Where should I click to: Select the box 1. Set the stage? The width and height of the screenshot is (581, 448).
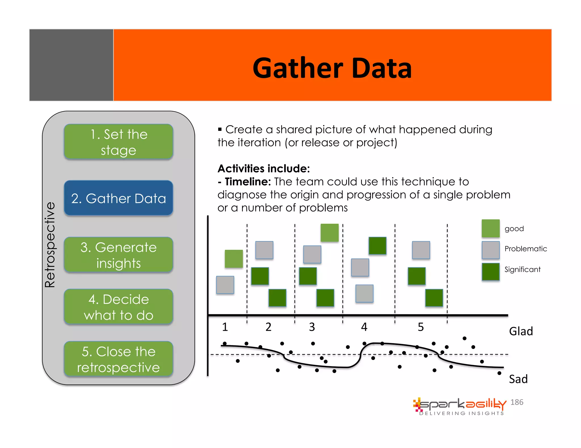coord(119,142)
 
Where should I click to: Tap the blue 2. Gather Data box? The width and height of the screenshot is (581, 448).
coord(119,198)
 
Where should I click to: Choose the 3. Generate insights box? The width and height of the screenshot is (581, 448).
coord(119,255)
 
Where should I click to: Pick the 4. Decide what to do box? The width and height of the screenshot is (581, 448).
coord(119,307)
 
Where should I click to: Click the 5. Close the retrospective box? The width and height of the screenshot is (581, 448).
coord(119,359)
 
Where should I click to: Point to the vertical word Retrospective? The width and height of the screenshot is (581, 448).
coord(50,245)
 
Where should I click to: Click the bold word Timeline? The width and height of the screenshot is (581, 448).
coord(248,182)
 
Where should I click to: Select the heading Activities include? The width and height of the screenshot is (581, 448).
coord(264,168)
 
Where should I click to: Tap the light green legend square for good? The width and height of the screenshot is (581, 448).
coord(491,228)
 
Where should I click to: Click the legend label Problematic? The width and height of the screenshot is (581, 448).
coord(525,249)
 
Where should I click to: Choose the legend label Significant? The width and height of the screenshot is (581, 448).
coord(522,269)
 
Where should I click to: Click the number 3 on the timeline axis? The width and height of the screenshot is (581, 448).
coord(312,327)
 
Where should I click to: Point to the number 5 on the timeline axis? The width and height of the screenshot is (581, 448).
coord(421,327)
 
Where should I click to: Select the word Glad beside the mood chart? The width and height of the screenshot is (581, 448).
coord(521,331)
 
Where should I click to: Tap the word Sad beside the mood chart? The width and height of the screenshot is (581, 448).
coord(518,379)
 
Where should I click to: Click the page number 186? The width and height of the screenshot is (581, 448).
coord(517,402)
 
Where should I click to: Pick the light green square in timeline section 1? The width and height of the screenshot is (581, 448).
coord(234,259)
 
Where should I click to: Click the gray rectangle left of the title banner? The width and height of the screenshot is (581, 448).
coord(71,65)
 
